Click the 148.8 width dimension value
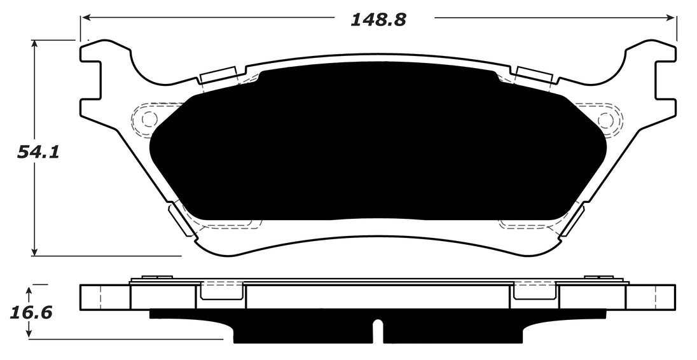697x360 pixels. coord(378,20)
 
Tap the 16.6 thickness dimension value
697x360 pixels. coord(31,314)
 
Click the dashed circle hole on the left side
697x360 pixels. coord(149,119)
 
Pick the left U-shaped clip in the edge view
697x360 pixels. coord(222,291)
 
